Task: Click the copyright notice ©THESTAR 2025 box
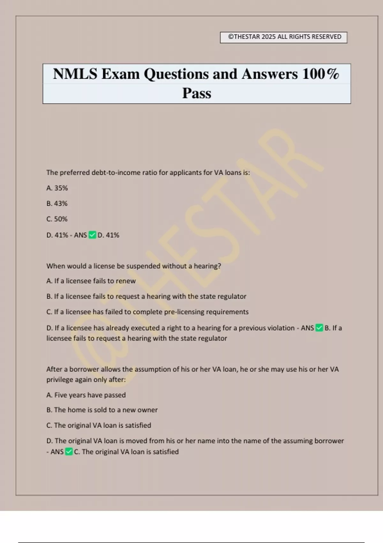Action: [x=283, y=37]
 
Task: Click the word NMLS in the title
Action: [x=75, y=74]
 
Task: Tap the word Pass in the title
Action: [x=197, y=93]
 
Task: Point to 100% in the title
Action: [x=320, y=74]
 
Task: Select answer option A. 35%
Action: [x=57, y=188]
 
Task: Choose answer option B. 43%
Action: [x=57, y=203]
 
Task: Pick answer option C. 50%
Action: [x=57, y=219]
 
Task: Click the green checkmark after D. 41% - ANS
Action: [x=92, y=235]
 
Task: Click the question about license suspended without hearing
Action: [x=133, y=266]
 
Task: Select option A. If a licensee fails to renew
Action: [x=91, y=281]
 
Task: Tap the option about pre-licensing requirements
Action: [x=147, y=312]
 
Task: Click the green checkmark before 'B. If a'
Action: [x=319, y=328]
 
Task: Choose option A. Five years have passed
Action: [x=86, y=395]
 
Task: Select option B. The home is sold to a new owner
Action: [x=102, y=410]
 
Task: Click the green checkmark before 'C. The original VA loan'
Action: [x=69, y=452]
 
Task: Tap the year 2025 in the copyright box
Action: [x=268, y=37]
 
